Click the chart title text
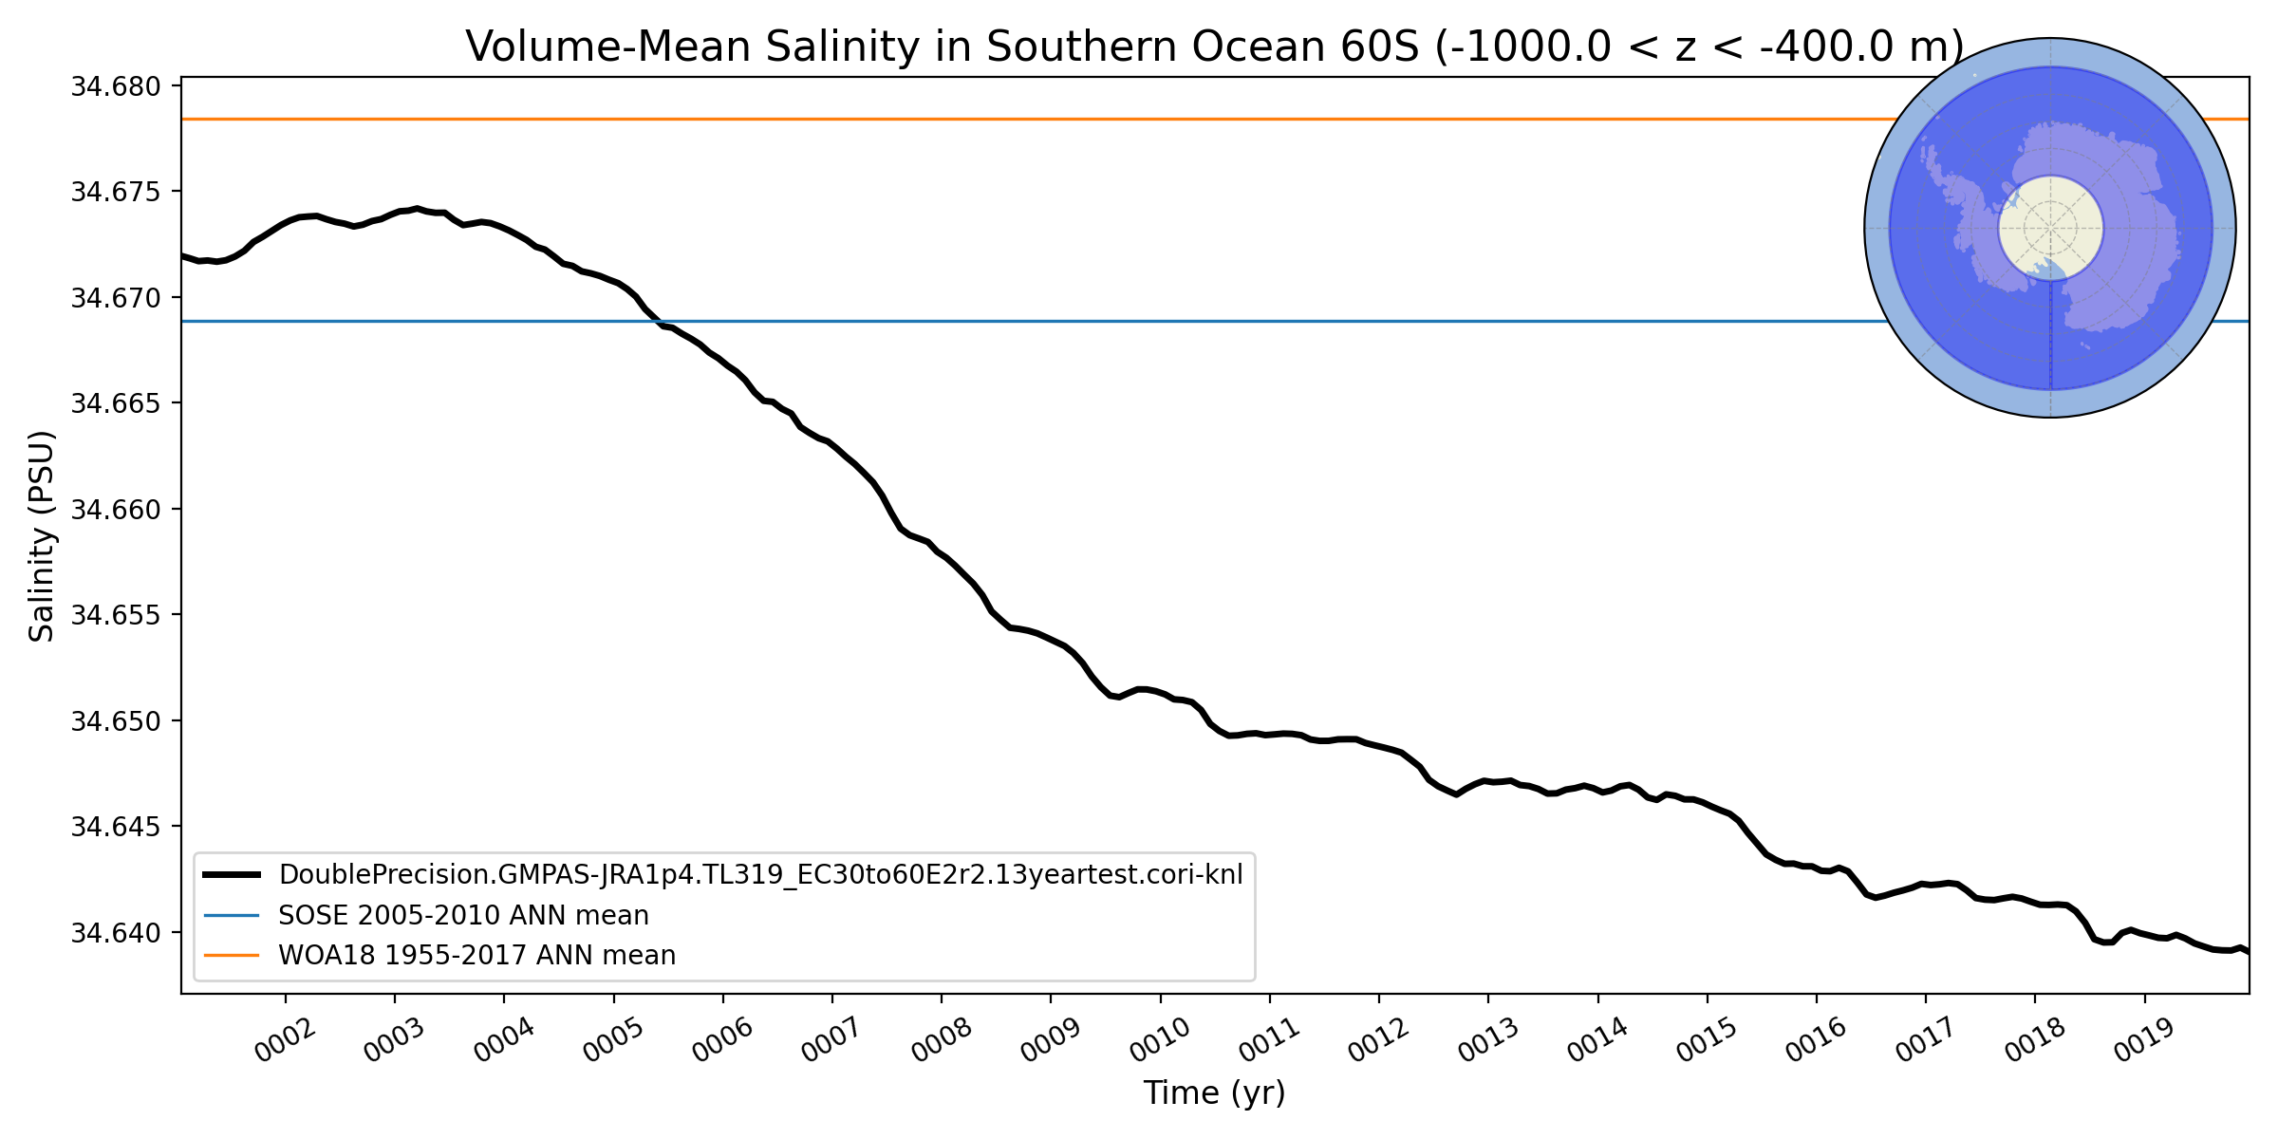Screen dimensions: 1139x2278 click(x=1214, y=47)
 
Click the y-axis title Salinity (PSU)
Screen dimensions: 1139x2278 click(x=42, y=536)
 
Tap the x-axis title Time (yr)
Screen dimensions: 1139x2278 click(x=1214, y=1092)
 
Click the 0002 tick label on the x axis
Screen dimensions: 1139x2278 click(x=285, y=1043)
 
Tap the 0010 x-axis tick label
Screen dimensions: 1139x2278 click(x=1160, y=1043)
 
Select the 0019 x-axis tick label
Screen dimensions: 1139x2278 click(x=2144, y=1043)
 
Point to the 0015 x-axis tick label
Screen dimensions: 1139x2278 click(x=1707, y=1043)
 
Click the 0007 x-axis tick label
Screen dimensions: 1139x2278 click(x=831, y=1043)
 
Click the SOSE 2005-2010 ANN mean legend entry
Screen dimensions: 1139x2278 click(x=463, y=915)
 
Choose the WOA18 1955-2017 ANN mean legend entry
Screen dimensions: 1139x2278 click(x=476, y=955)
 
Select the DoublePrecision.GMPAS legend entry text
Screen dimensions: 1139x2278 click(x=760, y=874)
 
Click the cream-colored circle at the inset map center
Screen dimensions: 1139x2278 click(x=2050, y=228)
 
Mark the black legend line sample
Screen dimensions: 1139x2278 click(x=232, y=874)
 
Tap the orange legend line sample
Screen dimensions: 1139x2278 click(x=232, y=955)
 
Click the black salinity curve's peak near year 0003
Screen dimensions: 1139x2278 click(x=416, y=208)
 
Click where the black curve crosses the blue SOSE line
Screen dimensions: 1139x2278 click(x=658, y=322)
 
